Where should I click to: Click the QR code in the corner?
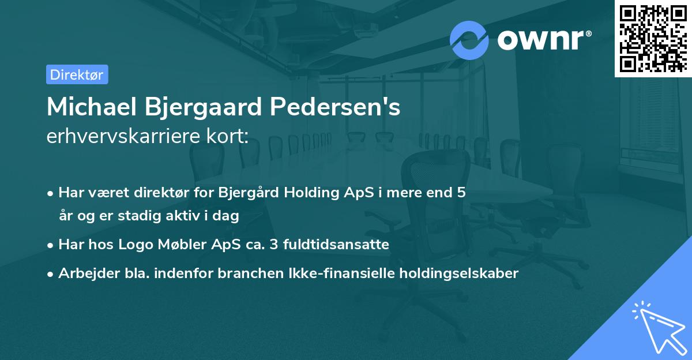tap(653, 38)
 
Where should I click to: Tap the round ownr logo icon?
tap(469, 40)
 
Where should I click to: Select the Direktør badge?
tap(77, 74)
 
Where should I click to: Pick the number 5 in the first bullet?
tap(461, 193)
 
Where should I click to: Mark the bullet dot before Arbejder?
tap(51, 274)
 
